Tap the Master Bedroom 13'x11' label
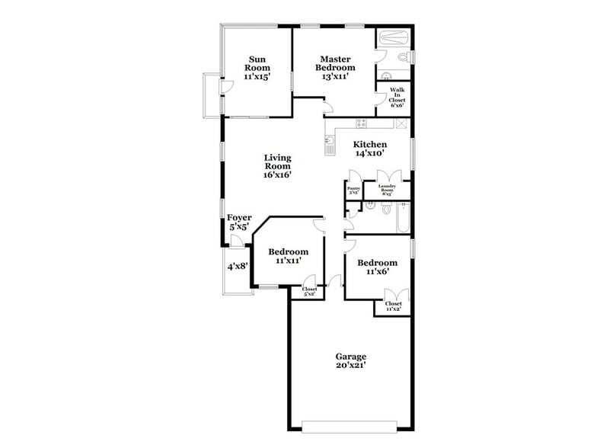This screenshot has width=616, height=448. point(335,68)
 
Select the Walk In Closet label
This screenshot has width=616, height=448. point(397,98)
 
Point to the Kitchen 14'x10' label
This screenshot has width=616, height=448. point(369,149)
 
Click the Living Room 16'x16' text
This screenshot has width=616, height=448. point(278,166)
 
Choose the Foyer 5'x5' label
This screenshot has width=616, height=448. point(239,222)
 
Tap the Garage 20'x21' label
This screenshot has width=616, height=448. point(350,361)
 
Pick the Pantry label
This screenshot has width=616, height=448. point(353,190)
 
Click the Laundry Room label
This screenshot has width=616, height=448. point(387,190)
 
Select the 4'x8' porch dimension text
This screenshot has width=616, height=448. point(237,267)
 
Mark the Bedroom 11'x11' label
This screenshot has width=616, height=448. point(288,256)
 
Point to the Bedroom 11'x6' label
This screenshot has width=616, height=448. point(378,267)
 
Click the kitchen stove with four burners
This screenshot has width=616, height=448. point(362,123)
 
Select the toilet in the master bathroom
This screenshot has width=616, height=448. point(406,58)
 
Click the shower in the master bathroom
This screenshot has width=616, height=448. point(394,37)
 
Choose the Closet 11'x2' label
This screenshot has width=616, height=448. point(393,306)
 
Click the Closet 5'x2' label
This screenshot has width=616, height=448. point(309,291)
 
